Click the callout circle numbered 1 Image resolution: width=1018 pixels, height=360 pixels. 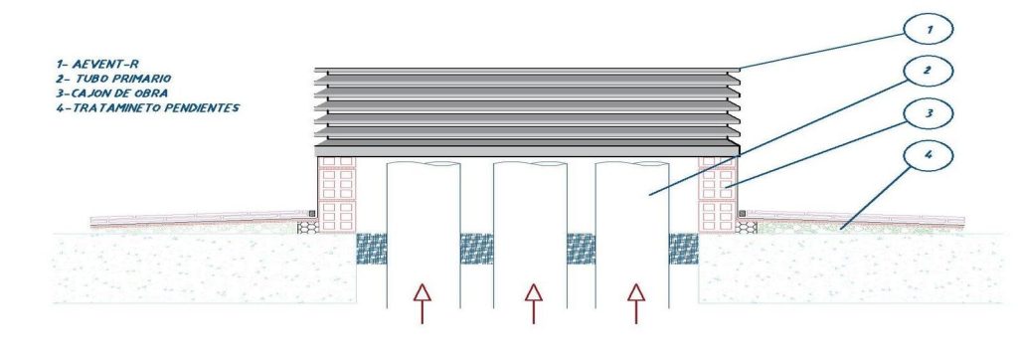pyautogui.click(x=928, y=29)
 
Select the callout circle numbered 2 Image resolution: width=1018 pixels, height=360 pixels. pyautogui.click(x=928, y=72)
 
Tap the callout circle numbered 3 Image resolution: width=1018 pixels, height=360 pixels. pyautogui.click(x=928, y=113)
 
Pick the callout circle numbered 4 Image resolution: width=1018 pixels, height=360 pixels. pyautogui.click(x=928, y=156)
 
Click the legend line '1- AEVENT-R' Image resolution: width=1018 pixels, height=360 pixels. pyautogui.click(x=97, y=65)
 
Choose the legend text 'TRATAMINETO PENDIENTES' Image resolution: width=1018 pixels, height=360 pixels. pyautogui.click(x=156, y=107)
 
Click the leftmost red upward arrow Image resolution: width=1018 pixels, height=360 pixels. pyautogui.click(x=422, y=303)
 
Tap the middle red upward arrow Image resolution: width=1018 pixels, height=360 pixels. pyautogui.click(x=533, y=303)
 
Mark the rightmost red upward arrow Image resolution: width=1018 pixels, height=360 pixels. pyautogui.click(x=635, y=303)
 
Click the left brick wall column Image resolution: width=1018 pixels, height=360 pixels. pyautogui.click(x=337, y=194)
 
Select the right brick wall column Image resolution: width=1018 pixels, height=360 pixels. pyautogui.click(x=718, y=194)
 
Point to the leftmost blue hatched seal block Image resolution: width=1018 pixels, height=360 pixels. pyautogui.click(x=372, y=249)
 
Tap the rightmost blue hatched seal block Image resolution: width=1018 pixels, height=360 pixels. pyautogui.click(x=684, y=249)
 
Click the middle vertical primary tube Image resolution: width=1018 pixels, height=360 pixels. pyautogui.click(x=531, y=234)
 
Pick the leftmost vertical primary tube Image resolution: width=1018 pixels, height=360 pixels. pyautogui.click(x=424, y=234)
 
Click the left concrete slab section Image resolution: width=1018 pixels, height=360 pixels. pyautogui.click(x=204, y=268)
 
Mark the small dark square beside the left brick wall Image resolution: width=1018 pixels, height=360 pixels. pyautogui.click(x=312, y=213)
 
